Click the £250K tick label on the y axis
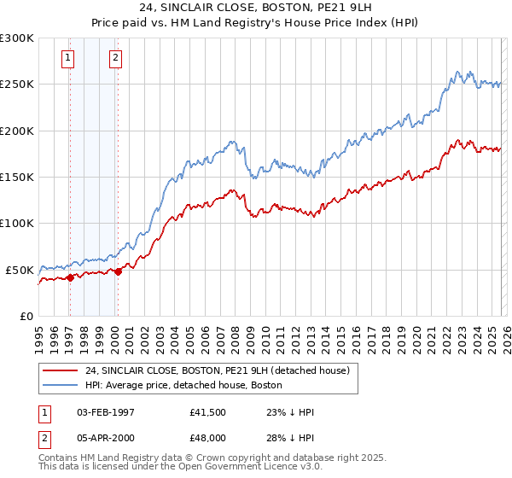click(17, 85)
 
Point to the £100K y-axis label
click(17, 224)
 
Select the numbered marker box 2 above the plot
click(115, 58)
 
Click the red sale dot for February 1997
click(69, 277)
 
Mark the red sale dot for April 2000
click(118, 271)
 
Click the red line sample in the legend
click(61, 370)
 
